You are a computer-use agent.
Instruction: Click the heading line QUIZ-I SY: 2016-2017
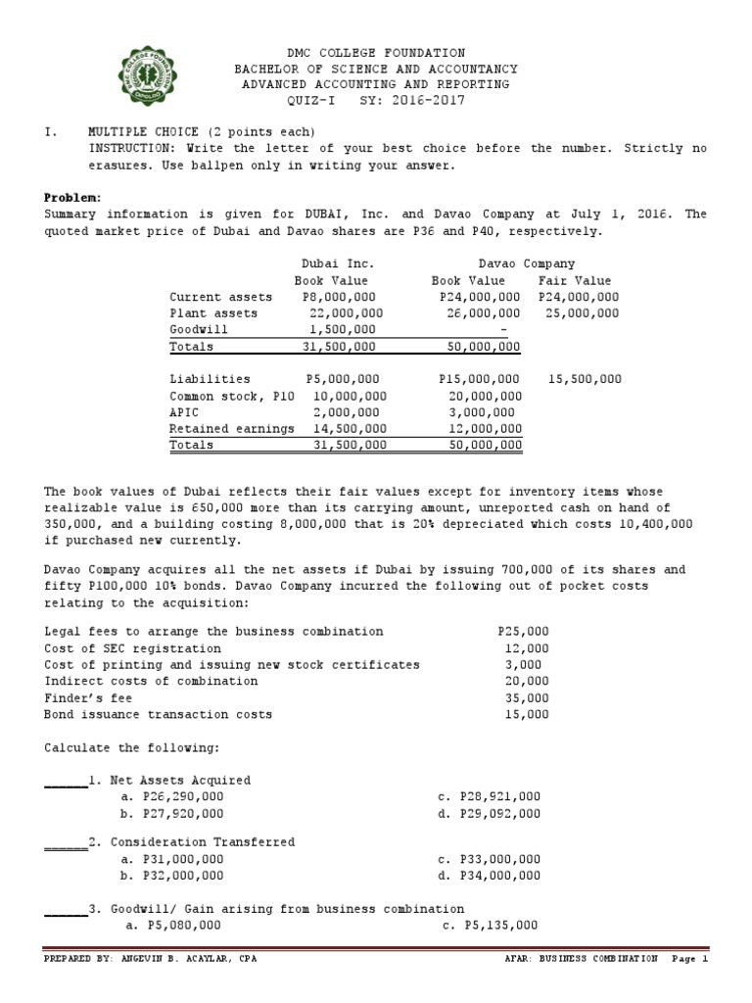click(376, 100)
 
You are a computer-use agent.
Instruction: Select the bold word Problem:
click(70, 198)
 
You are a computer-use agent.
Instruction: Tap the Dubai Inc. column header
click(337, 263)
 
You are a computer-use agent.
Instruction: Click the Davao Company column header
click(527, 263)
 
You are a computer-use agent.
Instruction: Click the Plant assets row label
click(213, 313)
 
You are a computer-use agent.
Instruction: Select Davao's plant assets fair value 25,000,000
click(578, 313)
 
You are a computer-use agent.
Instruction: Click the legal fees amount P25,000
click(523, 632)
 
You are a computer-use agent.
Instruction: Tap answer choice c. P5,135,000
click(490, 924)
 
